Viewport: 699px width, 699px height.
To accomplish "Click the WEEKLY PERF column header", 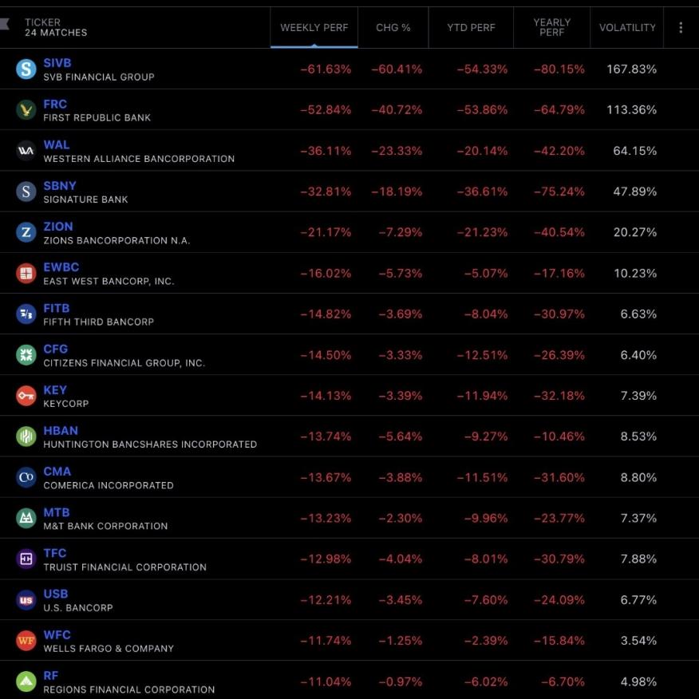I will point(314,28).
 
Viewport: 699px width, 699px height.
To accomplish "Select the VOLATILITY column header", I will point(627,28).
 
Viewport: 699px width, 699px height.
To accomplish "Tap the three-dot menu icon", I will point(681,28).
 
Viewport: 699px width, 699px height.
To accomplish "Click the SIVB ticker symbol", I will point(57,63).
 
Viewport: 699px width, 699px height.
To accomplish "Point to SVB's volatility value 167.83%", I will point(631,69).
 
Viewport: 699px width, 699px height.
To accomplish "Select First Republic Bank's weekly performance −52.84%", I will point(326,110).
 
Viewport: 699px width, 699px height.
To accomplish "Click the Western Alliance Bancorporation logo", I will point(26,151).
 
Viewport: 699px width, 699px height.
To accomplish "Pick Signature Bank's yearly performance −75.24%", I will point(559,192).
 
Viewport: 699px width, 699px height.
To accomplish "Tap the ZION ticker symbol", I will point(58,227).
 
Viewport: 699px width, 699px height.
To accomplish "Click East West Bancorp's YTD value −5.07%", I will point(485,273).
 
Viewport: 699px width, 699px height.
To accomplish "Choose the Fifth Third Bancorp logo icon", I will point(26,314).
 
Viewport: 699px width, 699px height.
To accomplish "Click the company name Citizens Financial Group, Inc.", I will point(124,362).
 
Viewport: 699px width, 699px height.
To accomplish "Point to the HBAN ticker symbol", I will point(61,431).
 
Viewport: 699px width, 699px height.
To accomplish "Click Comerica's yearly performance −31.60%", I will point(559,477).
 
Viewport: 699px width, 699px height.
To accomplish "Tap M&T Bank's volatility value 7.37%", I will point(638,518).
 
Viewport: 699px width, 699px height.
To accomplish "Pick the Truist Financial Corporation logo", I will point(26,559).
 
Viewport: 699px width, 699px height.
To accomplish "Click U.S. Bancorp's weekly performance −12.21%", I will point(326,599).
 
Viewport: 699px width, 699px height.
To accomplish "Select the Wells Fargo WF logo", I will point(26,641).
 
